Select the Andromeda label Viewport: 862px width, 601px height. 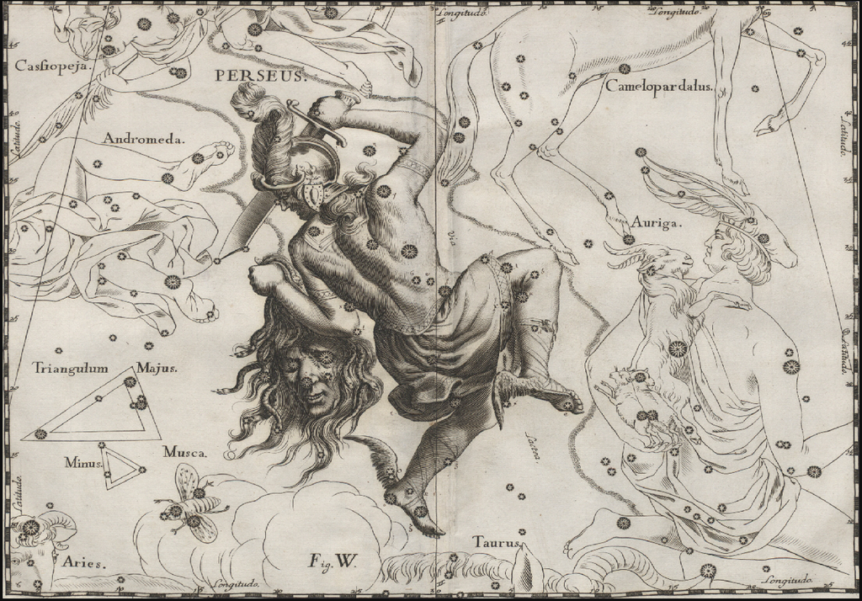(x=144, y=138)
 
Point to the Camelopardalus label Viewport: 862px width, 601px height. (x=658, y=86)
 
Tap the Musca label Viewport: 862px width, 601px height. (x=184, y=452)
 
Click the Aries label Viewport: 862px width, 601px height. (x=87, y=563)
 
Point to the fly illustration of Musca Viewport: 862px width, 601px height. (x=191, y=504)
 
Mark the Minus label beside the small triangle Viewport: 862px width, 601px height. (x=82, y=462)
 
